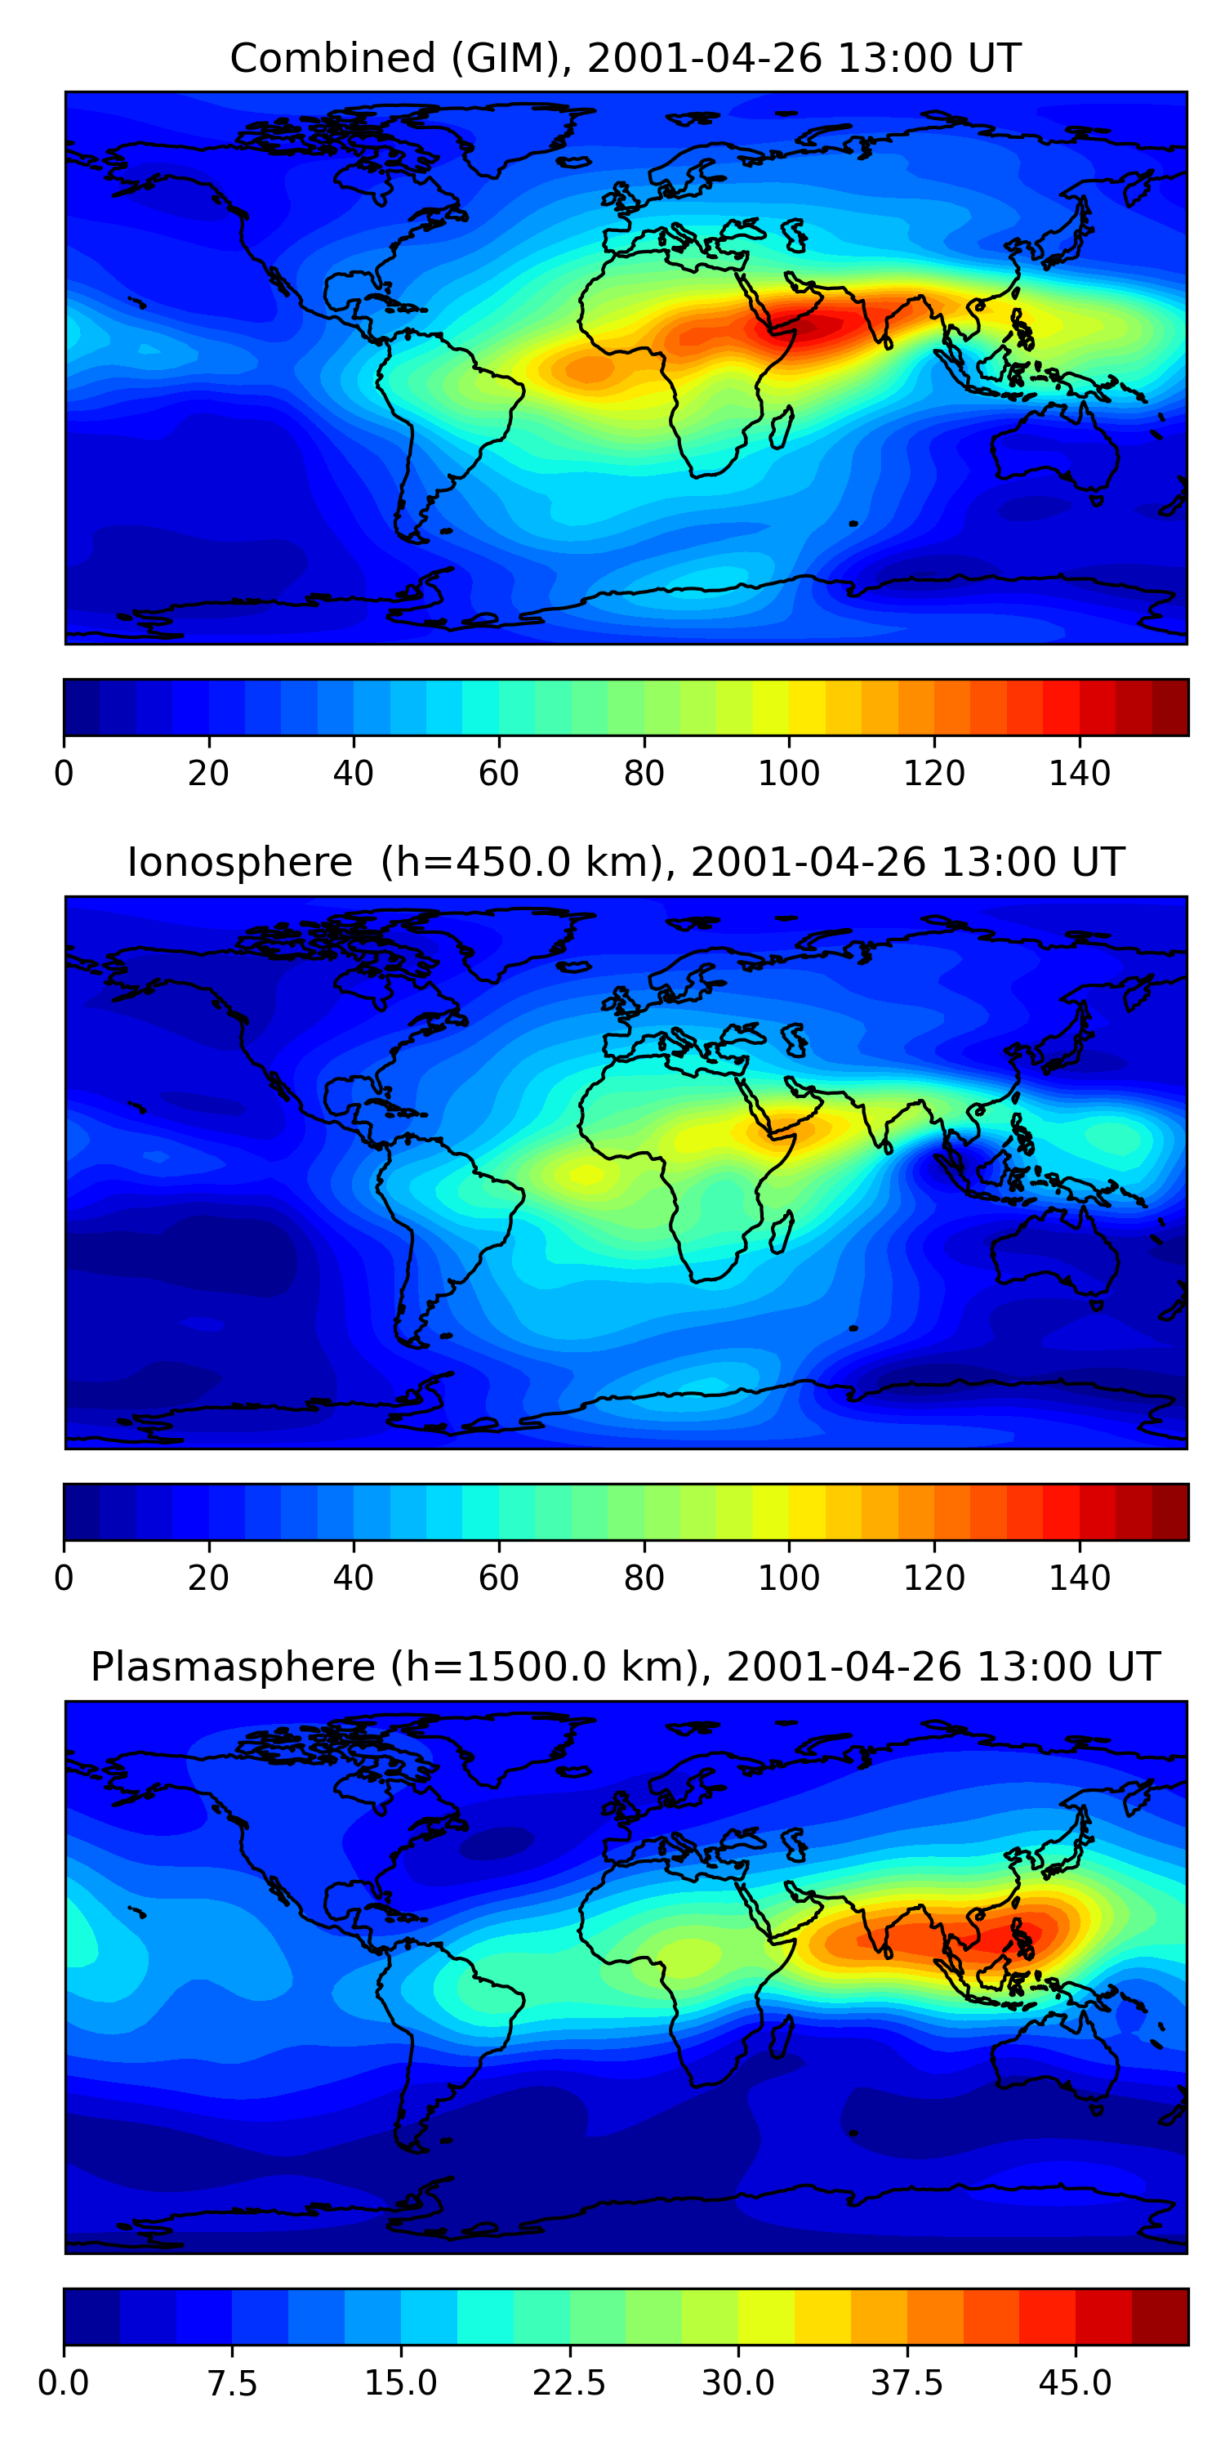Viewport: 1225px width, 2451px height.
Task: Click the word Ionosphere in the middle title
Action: (239, 863)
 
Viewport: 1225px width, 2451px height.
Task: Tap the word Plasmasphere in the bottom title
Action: (232, 1667)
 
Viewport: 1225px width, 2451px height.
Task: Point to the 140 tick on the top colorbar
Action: (1080, 773)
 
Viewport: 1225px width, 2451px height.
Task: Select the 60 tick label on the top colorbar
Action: (498, 774)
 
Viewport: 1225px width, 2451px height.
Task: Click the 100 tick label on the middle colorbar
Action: (788, 1578)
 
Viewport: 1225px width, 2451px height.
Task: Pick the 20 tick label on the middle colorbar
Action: (208, 1578)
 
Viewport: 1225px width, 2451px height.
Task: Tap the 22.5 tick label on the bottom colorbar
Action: (568, 2383)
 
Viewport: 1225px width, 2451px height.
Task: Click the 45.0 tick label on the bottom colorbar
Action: (1075, 2383)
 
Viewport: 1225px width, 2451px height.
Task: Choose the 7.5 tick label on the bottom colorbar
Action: (232, 2383)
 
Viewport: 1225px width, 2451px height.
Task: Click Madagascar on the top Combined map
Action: (781, 427)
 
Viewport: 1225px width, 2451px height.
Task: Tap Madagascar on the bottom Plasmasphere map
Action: (781, 2036)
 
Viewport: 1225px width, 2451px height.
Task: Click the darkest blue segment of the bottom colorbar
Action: (91, 2316)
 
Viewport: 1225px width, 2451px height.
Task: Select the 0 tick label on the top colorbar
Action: (64, 774)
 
